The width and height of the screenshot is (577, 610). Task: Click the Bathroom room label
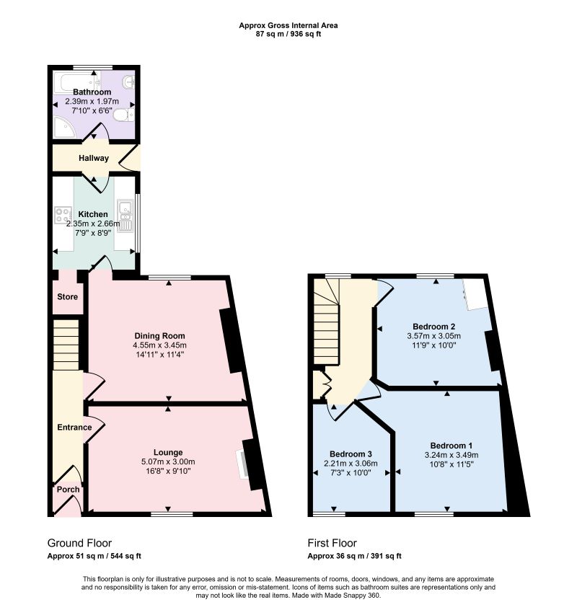(92, 92)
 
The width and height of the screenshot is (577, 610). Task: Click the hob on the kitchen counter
(63, 215)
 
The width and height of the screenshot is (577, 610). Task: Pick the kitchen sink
(125, 216)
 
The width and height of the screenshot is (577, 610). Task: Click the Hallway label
(93, 159)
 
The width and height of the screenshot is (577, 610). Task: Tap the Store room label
(67, 297)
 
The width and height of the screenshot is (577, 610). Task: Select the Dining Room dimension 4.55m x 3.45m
(159, 345)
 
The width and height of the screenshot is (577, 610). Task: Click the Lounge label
(168, 452)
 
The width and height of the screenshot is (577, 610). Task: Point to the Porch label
(68, 490)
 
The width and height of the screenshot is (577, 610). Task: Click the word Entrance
(74, 428)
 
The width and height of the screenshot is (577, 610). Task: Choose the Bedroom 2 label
(433, 327)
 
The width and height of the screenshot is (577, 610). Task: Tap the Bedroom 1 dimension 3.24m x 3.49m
(452, 455)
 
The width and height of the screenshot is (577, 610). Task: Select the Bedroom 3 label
(351, 454)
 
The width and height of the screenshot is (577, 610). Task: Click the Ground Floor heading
(79, 543)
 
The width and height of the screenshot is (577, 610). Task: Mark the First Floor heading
(332, 543)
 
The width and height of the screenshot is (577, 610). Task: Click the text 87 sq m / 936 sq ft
(288, 34)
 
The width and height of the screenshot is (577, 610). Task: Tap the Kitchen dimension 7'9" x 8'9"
(93, 233)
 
